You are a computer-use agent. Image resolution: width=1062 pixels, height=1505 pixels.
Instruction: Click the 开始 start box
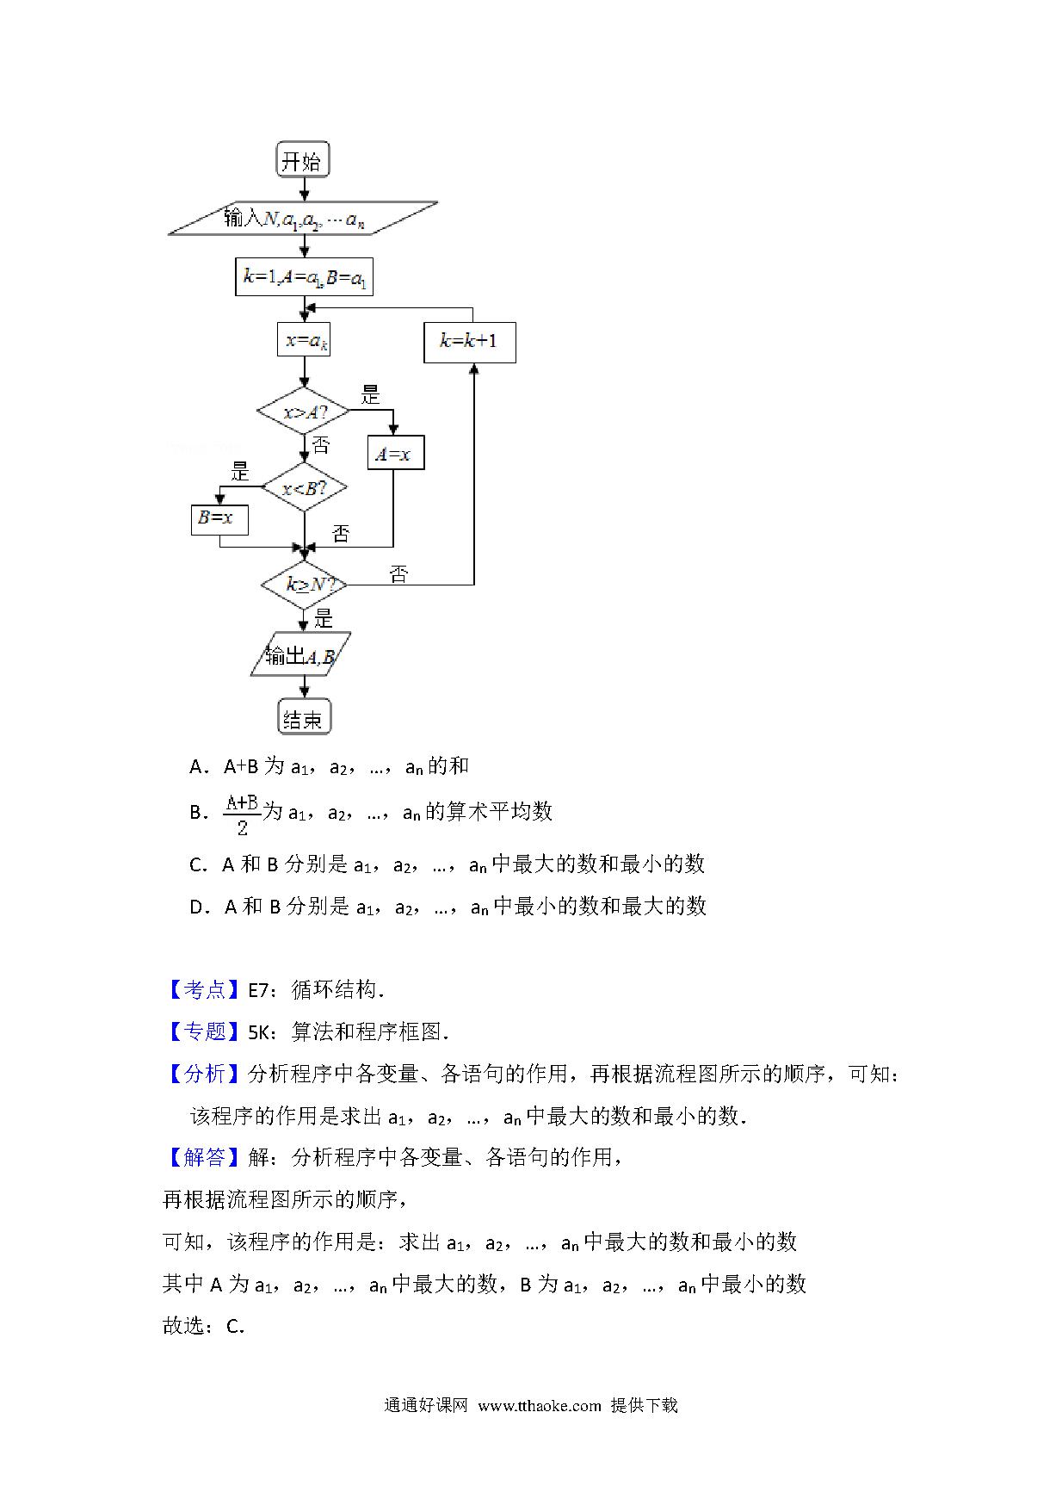(x=303, y=160)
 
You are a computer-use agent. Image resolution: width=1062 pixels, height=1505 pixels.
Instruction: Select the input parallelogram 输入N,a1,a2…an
(x=303, y=219)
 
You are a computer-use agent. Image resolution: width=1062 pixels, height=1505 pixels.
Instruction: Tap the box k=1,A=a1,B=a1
(x=304, y=277)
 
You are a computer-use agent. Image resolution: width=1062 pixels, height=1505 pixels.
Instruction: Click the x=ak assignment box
(x=304, y=340)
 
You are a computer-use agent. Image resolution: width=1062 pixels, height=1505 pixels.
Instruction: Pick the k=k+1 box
(x=470, y=341)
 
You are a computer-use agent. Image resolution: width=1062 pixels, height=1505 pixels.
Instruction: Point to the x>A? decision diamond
(x=304, y=412)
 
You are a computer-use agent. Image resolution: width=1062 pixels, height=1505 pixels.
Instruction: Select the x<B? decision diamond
(x=304, y=488)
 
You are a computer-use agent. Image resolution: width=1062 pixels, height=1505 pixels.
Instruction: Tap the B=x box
(x=219, y=519)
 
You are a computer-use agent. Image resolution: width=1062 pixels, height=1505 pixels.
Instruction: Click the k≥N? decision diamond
(x=304, y=585)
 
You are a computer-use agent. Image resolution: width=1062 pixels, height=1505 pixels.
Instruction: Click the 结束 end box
(x=304, y=716)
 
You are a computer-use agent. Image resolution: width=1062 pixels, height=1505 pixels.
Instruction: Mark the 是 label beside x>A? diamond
(x=370, y=395)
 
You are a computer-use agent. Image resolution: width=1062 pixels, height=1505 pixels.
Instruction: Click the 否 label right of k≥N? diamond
(x=398, y=574)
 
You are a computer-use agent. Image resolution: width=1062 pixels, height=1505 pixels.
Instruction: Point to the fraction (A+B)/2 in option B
(x=242, y=814)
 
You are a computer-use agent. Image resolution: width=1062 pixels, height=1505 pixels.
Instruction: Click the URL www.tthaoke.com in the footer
(x=540, y=1406)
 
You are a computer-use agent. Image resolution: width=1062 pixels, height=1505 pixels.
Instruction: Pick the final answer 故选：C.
(x=204, y=1326)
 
